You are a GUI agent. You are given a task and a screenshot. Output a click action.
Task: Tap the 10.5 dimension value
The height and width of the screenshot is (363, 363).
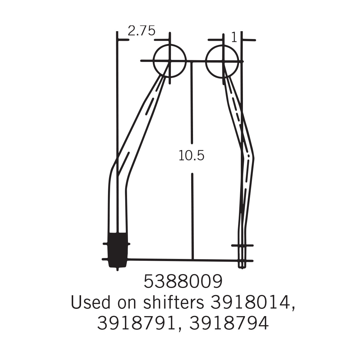tap(191, 155)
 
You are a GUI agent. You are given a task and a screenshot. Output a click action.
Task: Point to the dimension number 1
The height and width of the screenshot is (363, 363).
tap(234, 38)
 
